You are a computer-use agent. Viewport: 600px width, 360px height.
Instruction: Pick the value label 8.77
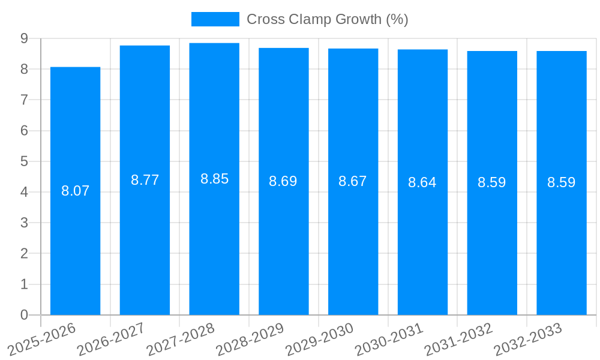click(145, 180)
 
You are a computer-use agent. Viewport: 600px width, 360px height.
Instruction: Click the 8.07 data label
click(75, 191)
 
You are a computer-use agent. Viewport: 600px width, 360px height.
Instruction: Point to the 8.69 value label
click(283, 181)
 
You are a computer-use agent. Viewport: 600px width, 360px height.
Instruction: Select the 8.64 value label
click(422, 182)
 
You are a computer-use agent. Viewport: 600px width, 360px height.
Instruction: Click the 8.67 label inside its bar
click(353, 181)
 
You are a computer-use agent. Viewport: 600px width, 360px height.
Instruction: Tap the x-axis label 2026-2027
click(112, 338)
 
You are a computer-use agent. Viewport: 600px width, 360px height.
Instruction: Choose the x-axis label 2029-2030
click(320, 338)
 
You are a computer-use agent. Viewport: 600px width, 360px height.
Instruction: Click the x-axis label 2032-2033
click(528, 338)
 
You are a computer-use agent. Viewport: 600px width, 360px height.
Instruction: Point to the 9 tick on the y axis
click(24, 38)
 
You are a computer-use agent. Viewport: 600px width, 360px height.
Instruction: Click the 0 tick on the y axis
click(24, 315)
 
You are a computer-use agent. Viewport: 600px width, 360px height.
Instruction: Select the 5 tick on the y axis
click(24, 161)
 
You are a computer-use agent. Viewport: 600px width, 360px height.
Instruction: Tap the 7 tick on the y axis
click(24, 100)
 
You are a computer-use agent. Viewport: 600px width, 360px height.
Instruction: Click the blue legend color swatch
click(215, 19)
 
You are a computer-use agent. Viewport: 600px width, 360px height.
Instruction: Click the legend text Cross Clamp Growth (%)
click(328, 19)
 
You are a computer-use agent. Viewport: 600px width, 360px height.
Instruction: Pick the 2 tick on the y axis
click(24, 254)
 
